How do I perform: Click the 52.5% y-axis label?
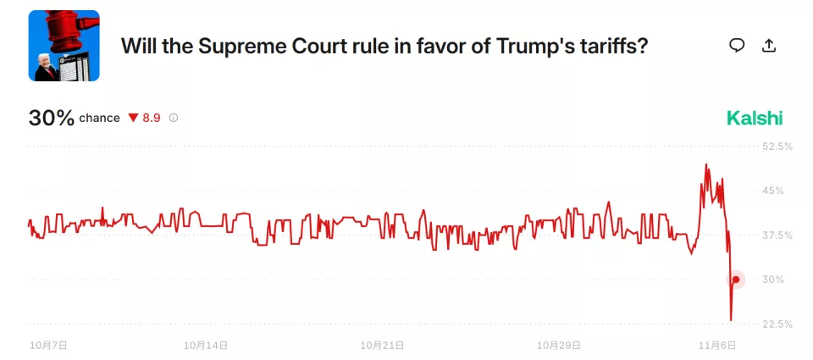click(777, 147)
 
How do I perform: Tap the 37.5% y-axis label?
click(777, 235)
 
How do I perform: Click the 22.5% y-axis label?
click(777, 324)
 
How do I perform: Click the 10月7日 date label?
click(48, 346)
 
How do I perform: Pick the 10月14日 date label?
click(207, 346)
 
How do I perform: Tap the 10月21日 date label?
click(382, 346)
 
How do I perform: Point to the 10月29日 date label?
click(559, 346)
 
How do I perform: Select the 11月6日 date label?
click(717, 346)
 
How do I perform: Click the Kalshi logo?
click(755, 119)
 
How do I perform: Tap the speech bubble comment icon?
click(737, 46)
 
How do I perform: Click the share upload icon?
click(769, 46)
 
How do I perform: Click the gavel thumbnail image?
click(64, 46)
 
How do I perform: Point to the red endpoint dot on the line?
click(736, 280)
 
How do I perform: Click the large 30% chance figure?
click(52, 118)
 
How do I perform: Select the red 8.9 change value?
click(152, 118)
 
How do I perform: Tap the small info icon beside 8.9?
click(174, 118)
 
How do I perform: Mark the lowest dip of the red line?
click(731, 320)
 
